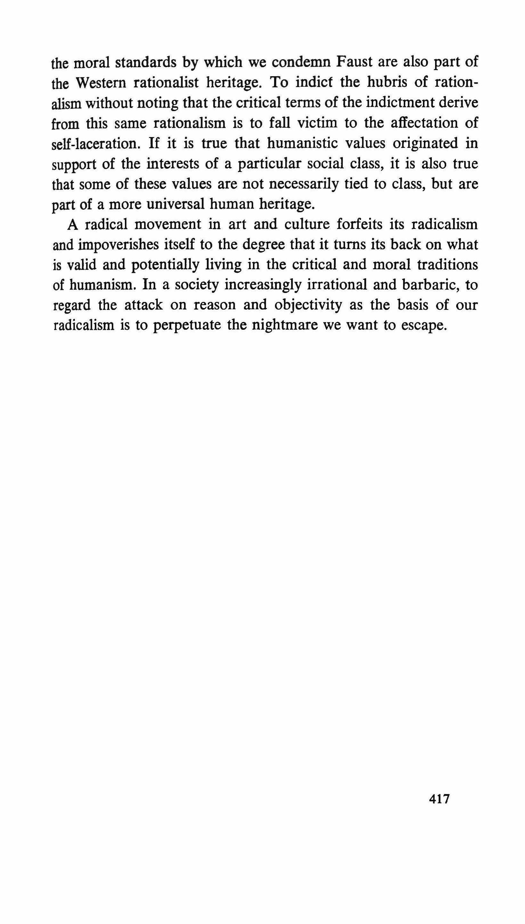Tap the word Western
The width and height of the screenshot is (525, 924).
click(x=101, y=83)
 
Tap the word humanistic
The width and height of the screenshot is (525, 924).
click(x=302, y=143)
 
